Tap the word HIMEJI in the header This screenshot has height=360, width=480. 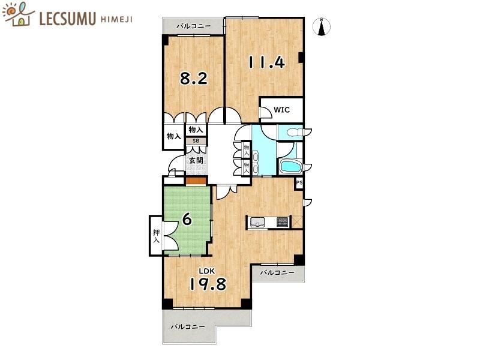tap(116, 19)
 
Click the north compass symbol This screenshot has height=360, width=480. tap(322, 27)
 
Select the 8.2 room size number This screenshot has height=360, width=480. tap(193, 79)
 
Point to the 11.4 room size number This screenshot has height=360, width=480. tap(266, 62)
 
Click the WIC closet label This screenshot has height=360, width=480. tap(281, 110)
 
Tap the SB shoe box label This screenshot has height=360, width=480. tap(196, 141)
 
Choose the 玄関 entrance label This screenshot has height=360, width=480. tap(196, 160)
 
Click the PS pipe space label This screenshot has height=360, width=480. tap(299, 183)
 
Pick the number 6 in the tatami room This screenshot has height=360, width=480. tap(187, 219)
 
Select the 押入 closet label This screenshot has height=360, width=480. tap(157, 236)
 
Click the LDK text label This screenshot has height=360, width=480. tap(207, 271)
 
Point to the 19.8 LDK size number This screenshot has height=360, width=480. tap(208, 284)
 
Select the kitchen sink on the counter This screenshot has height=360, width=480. tap(257, 222)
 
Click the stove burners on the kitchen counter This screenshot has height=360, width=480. tap(283, 222)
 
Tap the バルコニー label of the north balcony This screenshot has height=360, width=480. tap(193, 26)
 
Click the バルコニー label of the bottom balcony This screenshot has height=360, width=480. tap(188, 327)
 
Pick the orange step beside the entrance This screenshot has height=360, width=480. tap(196, 181)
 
